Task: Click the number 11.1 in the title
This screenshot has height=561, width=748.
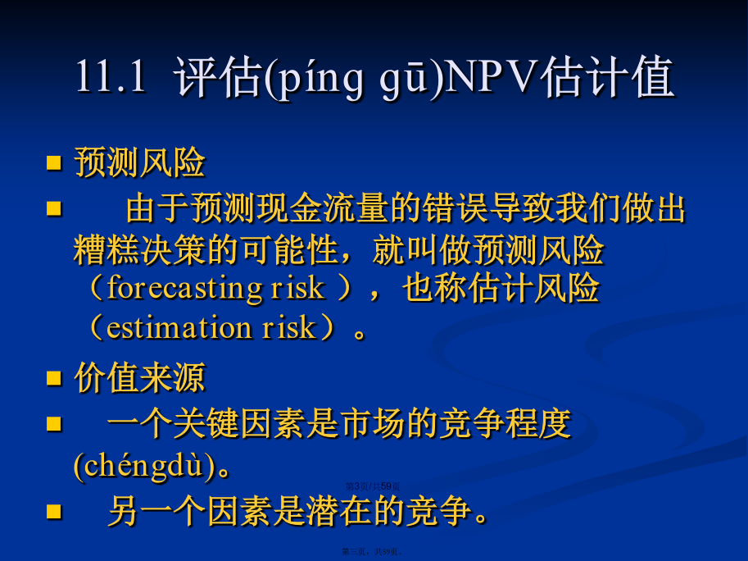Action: (x=111, y=76)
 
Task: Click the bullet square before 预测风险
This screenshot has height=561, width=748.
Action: (x=54, y=163)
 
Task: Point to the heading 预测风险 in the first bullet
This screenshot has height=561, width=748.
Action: (x=140, y=163)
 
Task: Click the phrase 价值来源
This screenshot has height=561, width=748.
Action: (x=140, y=377)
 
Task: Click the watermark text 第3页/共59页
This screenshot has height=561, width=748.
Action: (x=373, y=486)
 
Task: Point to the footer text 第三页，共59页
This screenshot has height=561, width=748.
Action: (x=373, y=551)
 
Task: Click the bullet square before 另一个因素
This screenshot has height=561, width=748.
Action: (x=54, y=511)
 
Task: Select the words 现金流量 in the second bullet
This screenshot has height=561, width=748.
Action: (x=322, y=208)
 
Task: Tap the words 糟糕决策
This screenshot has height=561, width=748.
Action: (x=139, y=249)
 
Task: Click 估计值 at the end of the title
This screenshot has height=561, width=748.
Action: (x=607, y=76)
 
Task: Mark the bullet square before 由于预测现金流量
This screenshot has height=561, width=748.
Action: (x=54, y=208)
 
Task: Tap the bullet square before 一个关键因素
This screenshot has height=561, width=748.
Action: (x=54, y=423)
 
